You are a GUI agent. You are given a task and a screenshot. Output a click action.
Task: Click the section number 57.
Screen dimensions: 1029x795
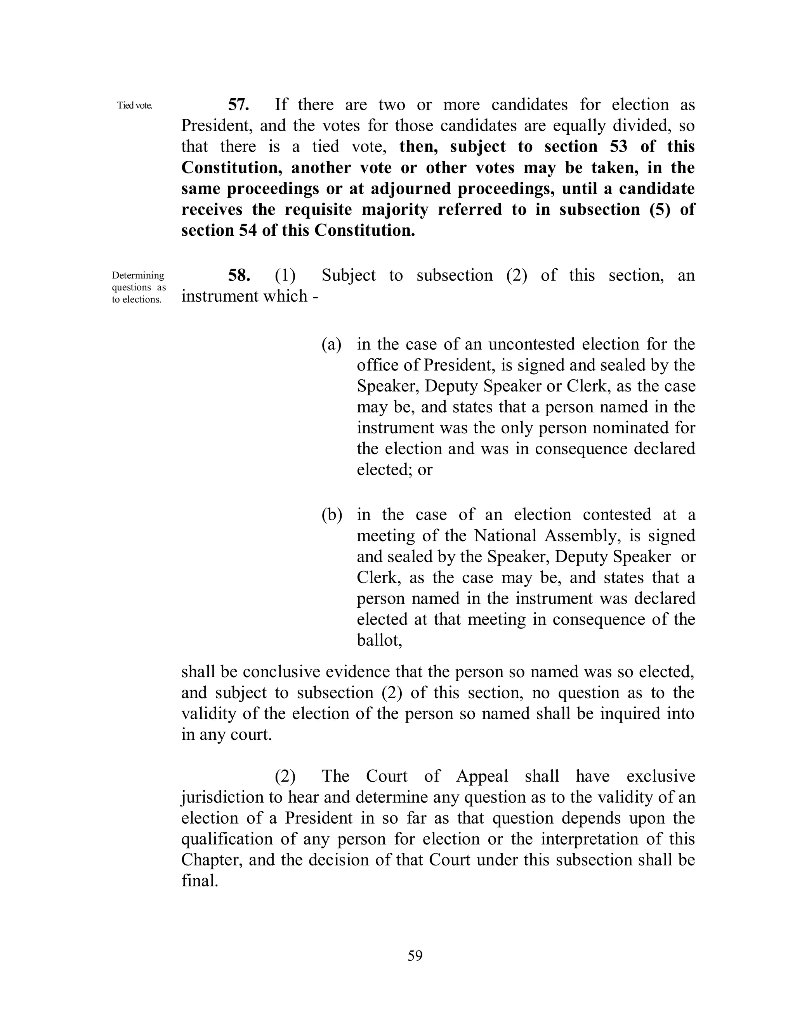[x=239, y=104]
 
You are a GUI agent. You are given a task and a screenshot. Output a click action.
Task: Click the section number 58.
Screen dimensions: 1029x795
[x=239, y=275]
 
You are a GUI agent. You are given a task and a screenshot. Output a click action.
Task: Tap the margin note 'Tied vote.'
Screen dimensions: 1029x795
[x=135, y=106]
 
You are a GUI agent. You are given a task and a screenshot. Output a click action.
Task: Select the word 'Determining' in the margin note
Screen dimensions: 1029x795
[x=138, y=276]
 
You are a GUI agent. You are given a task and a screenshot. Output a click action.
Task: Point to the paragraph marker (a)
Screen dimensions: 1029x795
[x=332, y=344]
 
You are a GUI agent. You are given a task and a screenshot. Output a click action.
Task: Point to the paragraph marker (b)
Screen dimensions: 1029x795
[x=332, y=515]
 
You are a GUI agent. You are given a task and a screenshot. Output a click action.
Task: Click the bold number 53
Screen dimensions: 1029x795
[x=618, y=146]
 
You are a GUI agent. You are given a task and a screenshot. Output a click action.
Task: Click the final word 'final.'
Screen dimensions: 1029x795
[x=200, y=881]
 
